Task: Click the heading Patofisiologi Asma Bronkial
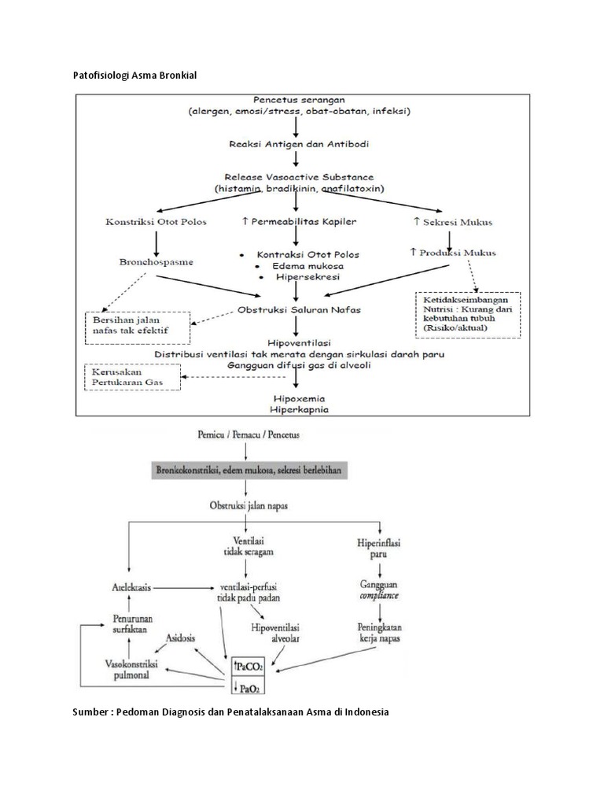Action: coord(134,75)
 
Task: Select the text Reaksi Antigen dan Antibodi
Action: coord(294,144)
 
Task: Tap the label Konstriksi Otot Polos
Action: coord(156,222)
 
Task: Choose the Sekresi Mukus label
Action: coord(451,222)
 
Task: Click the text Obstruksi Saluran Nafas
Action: coord(300,310)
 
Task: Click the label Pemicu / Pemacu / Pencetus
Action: coord(248,434)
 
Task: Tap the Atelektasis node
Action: coord(131,587)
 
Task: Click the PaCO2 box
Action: coord(248,666)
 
